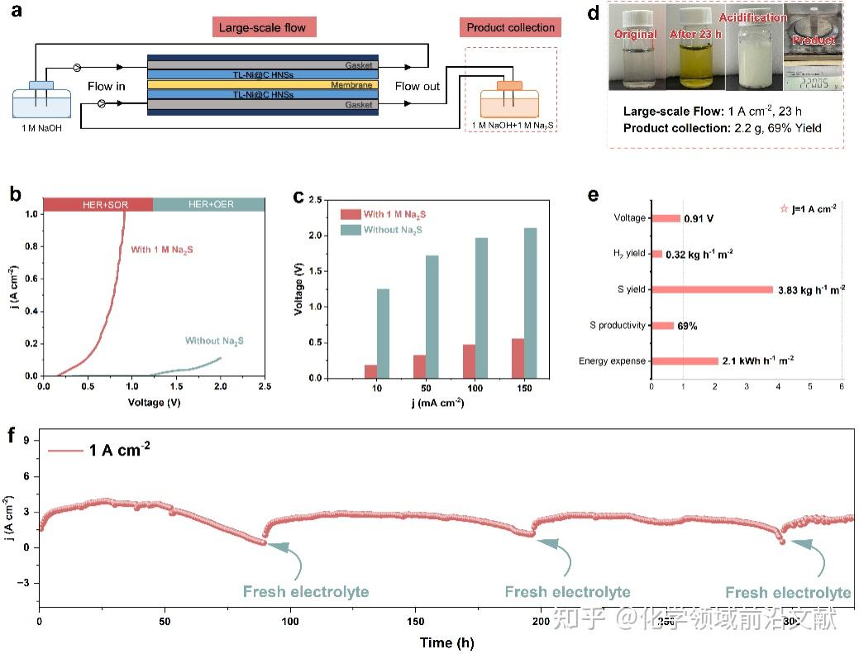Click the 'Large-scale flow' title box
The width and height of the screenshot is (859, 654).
pos(262,27)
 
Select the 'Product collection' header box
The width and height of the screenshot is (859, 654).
pos(510,27)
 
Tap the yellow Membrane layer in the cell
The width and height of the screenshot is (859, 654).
pos(262,84)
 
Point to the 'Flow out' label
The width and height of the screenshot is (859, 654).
pos(417,86)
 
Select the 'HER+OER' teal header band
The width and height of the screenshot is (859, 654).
pos(208,204)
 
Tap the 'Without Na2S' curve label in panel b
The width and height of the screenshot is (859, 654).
pos(213,341)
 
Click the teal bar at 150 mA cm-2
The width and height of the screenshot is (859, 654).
pos(530,303)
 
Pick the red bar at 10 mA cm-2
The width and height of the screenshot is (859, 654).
pos(371,371)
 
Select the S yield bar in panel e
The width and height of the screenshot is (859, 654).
pos(712,289)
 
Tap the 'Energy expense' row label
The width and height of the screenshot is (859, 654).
pos(612,361)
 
